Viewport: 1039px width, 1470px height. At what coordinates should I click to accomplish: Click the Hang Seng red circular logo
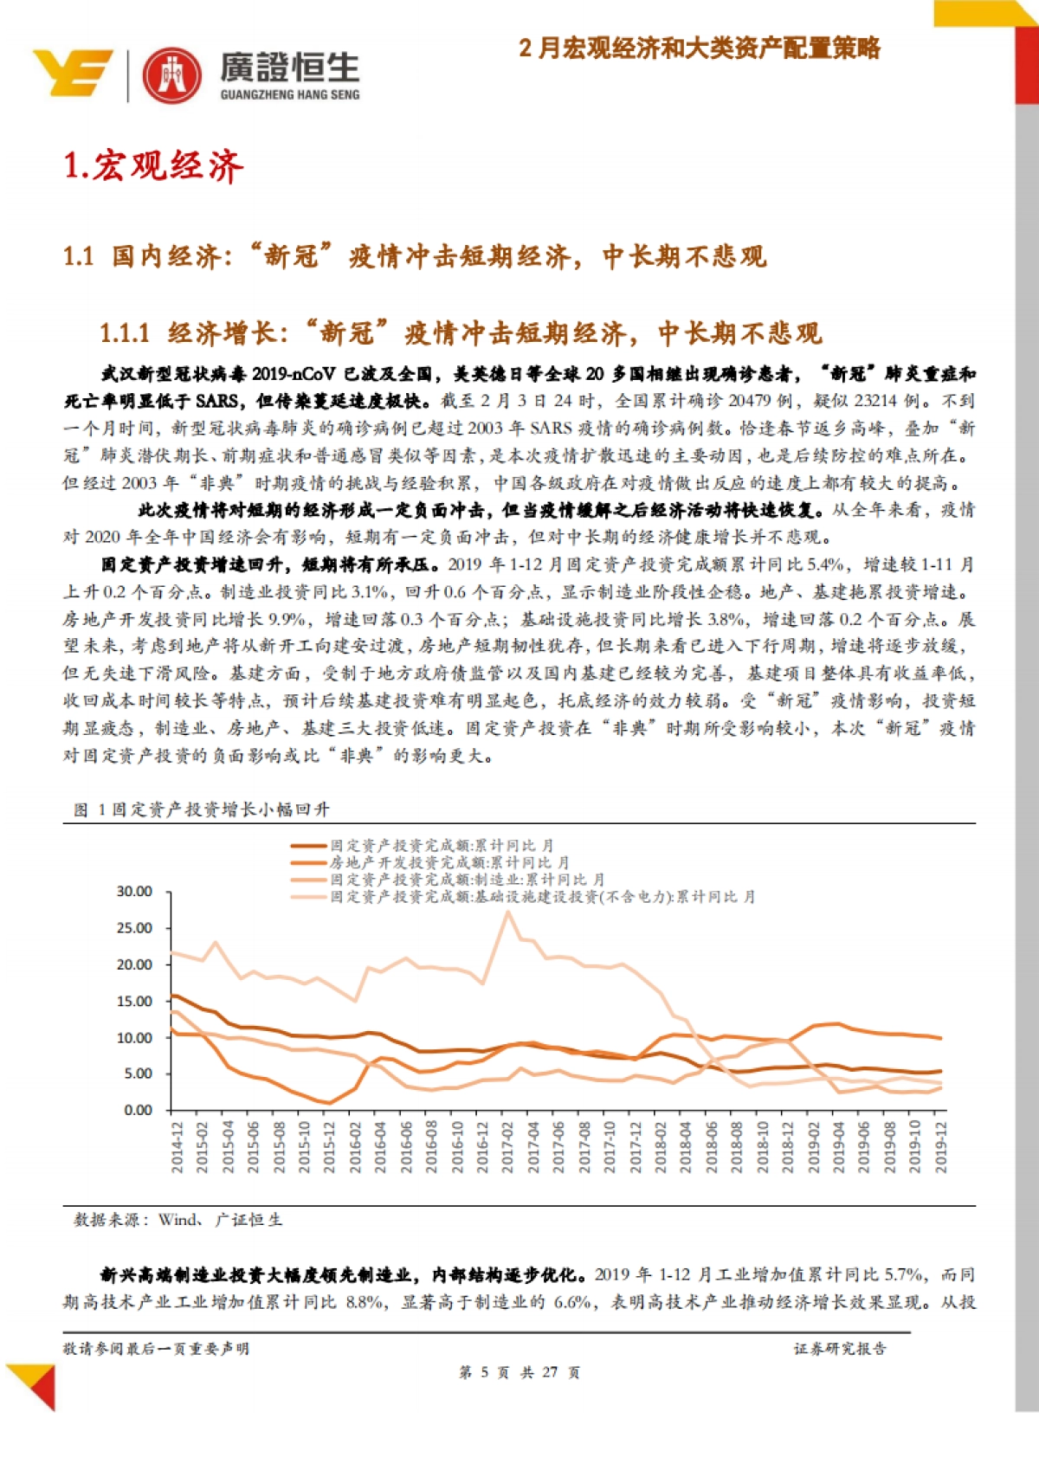pos(171,75)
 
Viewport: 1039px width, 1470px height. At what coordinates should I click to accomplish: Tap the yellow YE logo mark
pos(73,73)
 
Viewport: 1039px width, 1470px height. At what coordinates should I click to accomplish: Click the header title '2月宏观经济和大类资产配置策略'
pos(700,48)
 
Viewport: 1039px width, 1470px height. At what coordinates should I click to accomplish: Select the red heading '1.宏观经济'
pos(154,165)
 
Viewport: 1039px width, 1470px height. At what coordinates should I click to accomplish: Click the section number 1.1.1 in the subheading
pos(125,333)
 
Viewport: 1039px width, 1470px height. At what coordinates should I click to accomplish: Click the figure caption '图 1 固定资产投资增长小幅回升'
pos(202,809)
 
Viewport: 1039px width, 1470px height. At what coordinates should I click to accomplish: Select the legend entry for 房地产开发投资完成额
pos(449,862)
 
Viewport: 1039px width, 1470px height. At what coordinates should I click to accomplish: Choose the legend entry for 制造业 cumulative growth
pos(467,880)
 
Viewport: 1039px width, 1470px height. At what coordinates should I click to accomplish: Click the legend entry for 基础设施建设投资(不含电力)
pos(542,897)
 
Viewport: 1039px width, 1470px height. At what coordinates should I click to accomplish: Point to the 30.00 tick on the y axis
pos(134,891)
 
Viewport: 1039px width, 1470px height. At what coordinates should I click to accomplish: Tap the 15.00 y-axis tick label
pos(134,1001)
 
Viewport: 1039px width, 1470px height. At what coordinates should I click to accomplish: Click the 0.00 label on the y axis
pos(138,1110)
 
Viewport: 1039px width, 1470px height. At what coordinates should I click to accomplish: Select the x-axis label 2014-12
pos(177,1147)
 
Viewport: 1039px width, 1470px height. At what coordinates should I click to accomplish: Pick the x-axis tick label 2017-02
pos(508,1147)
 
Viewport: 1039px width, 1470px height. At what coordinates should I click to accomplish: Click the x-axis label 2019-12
pos(941,1147)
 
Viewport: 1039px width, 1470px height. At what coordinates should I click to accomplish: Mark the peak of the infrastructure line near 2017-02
pos(508,912)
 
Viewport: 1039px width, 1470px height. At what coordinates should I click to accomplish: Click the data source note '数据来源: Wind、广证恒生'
pos(178,1220)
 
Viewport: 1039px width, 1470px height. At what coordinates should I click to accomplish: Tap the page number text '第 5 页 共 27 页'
pos(519,1372)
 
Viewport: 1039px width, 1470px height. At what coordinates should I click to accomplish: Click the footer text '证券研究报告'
pos(840,1348)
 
